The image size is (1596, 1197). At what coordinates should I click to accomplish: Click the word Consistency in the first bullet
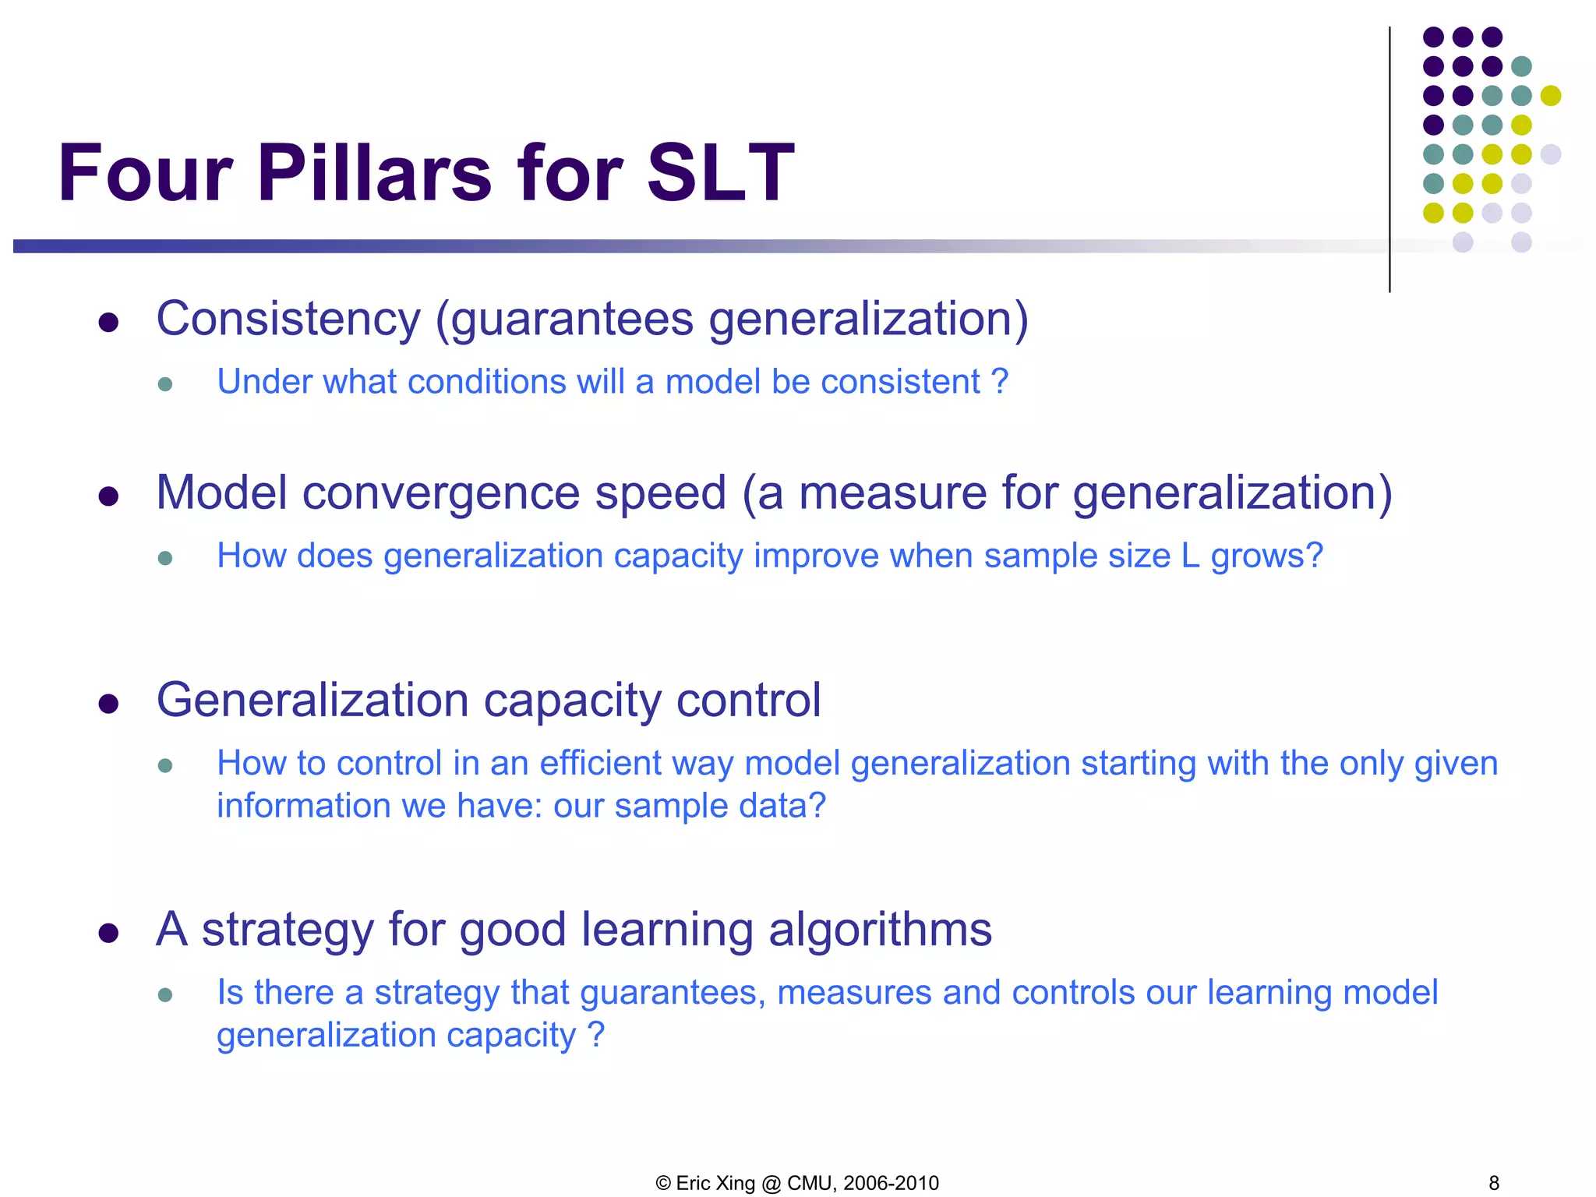288,320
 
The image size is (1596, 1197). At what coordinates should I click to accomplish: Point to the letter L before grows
1190,556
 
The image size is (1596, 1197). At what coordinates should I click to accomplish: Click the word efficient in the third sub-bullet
600,764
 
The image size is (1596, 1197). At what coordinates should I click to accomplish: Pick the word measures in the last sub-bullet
854,993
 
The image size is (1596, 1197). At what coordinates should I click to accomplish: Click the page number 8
1493,1183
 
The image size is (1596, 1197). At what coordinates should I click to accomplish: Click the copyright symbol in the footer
663,1183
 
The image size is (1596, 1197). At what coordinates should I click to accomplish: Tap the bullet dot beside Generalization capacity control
108,704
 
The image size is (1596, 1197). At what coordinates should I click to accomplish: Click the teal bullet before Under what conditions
164,384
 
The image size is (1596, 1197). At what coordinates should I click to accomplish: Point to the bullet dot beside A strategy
108,933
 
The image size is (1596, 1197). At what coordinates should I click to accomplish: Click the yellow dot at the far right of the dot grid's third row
1551,95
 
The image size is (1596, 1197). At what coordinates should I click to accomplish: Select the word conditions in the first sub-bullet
487,383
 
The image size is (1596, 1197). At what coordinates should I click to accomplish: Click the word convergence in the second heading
441,493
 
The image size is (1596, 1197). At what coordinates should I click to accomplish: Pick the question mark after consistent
1000,383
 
